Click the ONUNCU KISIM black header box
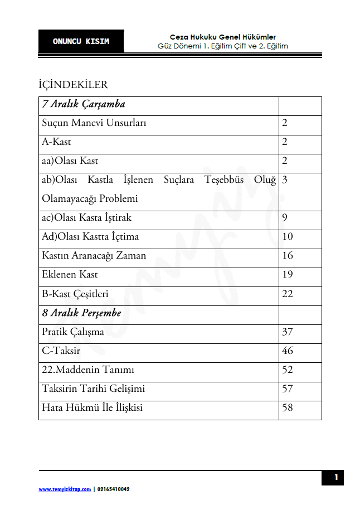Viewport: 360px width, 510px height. click(81, 41)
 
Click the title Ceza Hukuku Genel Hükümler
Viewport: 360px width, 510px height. click(223, 37)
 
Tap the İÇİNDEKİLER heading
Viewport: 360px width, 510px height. click(73, 85)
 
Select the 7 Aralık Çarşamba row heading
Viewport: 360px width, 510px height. click(84, 104)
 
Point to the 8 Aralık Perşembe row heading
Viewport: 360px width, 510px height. click(82, 313)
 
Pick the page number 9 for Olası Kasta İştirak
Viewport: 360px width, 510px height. click(285, 218)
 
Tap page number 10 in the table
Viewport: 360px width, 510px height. click(288, 237)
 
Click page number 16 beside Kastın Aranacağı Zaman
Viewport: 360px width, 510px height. click(288, 256)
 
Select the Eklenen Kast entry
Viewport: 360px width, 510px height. click(70, 275)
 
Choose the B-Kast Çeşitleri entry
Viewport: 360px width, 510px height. click(75, 294)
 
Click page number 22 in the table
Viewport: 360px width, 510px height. click(288, 294)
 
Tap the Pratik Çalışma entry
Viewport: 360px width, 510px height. click(73, 332)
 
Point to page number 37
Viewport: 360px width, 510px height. click(288, 332)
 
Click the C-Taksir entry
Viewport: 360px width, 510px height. click(61, 351)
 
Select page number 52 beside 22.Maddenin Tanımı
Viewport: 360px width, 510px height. click(288, 370)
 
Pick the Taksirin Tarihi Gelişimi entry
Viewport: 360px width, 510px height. click(93, 389)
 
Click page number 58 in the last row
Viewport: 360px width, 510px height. click(288, 408)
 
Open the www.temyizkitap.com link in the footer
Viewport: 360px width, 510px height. click(65, 489)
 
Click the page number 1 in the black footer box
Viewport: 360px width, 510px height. click(336, 477)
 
